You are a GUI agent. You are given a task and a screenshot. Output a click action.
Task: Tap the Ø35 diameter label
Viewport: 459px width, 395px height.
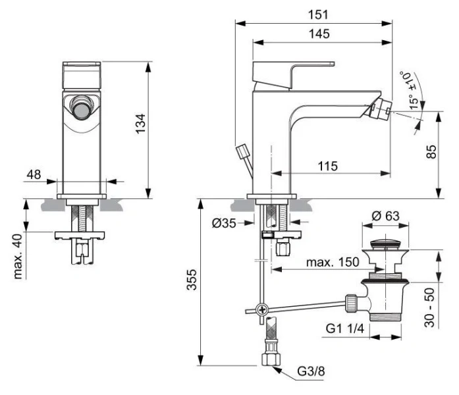(x=225, y=223)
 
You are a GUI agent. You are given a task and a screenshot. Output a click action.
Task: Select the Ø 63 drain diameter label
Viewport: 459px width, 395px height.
(x=385, y=217)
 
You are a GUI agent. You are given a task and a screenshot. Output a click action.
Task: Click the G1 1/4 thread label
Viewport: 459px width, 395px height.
(x=343, y=328)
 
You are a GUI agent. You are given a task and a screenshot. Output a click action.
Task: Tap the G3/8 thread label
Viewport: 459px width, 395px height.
(x=310, y=372)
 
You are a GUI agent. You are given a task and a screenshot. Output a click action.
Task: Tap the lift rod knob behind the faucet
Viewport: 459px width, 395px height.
(x=242, y=153)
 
